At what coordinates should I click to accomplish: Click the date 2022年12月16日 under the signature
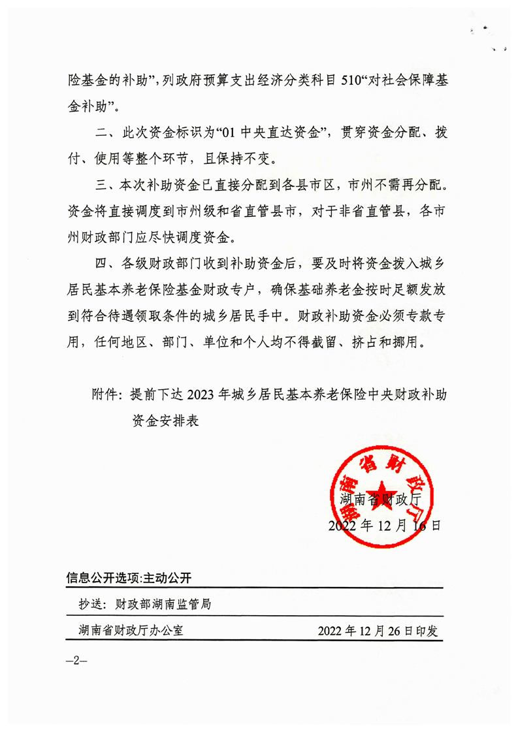click(x=385, y=525)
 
